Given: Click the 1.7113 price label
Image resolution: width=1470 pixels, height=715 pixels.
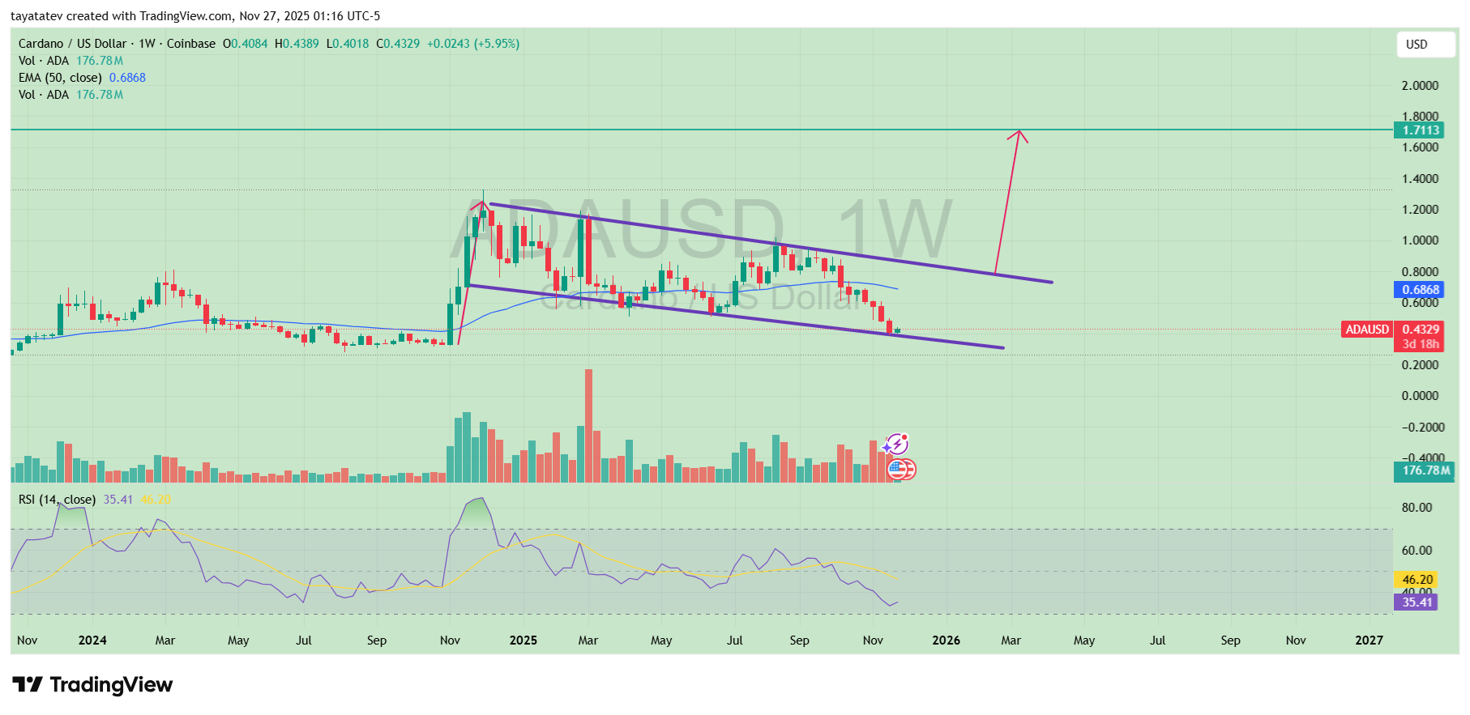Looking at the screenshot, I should point(1421,130).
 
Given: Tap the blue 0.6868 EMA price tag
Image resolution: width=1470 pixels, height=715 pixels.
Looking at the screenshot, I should point(1421,290).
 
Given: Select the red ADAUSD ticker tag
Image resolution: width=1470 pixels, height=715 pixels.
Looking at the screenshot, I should point(1367,330).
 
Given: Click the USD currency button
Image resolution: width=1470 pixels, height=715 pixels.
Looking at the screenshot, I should point(1425,45).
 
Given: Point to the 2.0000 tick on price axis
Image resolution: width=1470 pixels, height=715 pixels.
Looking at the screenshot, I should point(1420,86).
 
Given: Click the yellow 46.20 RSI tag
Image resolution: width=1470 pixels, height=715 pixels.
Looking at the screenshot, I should point(1417,580).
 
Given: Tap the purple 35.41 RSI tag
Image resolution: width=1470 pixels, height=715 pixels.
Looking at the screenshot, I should point(1417,602).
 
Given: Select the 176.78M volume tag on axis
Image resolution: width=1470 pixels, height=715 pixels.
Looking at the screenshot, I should point(1425,470).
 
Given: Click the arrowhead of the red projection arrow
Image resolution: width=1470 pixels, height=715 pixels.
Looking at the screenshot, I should point(1019,134).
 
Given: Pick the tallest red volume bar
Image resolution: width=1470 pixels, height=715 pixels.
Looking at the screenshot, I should point(588,425).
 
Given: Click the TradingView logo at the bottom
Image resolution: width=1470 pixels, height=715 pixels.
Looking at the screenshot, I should point(92,685).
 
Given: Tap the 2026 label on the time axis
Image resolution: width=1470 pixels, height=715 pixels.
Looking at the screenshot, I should point(946,641).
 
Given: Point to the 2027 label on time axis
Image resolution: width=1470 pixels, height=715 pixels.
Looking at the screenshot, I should point(1369,641).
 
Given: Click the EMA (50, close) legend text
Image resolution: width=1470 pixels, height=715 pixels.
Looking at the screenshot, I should point(60,78).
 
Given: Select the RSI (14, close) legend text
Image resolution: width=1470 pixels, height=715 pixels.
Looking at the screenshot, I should point(57,500).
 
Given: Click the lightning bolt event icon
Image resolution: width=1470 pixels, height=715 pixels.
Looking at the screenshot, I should point(897,444).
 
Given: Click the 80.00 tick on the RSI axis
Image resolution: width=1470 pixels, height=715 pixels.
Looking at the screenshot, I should point(1417,508).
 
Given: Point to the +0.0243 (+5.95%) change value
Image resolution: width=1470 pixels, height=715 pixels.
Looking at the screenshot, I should point(473,44).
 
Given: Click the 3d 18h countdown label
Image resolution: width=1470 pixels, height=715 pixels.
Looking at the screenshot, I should point(1421,344).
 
